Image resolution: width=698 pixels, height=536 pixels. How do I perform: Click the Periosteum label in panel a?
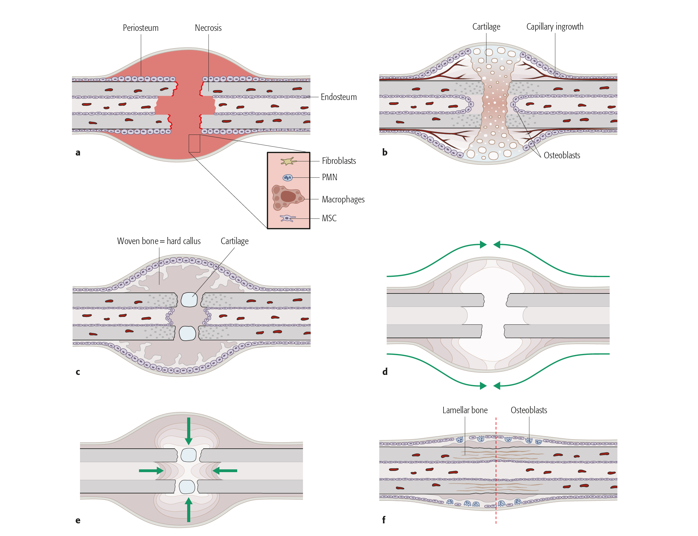(141, 28)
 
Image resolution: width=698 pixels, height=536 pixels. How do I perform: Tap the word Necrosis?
(208, 28)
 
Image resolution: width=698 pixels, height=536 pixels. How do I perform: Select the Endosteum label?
(338, 97)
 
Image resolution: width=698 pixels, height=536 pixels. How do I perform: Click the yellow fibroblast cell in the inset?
(288, 161)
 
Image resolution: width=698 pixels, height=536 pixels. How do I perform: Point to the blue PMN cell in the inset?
(287, 178)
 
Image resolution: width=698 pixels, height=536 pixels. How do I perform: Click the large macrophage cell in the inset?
(287, 197)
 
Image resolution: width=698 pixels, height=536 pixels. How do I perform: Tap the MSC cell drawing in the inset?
(287, 218)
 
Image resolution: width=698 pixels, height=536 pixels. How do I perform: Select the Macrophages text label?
(343, 199)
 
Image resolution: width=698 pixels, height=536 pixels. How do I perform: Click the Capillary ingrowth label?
(555, 27)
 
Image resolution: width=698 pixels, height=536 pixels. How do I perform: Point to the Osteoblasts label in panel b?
(562, 156)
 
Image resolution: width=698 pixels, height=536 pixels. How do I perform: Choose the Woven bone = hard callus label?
(159, 241)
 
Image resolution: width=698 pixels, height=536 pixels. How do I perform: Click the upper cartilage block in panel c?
(189, 300)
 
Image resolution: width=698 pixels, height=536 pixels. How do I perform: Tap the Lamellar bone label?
(465, 410)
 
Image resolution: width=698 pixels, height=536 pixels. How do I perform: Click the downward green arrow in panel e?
(189, 431)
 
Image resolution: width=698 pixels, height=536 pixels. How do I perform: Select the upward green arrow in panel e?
(189, 510)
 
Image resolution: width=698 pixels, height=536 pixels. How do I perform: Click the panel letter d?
(385, 372)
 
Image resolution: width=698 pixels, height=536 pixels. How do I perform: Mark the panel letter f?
(384, 520)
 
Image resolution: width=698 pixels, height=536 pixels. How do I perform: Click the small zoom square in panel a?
(194, 143)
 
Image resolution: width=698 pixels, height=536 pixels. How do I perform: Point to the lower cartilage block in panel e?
(187, 487)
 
